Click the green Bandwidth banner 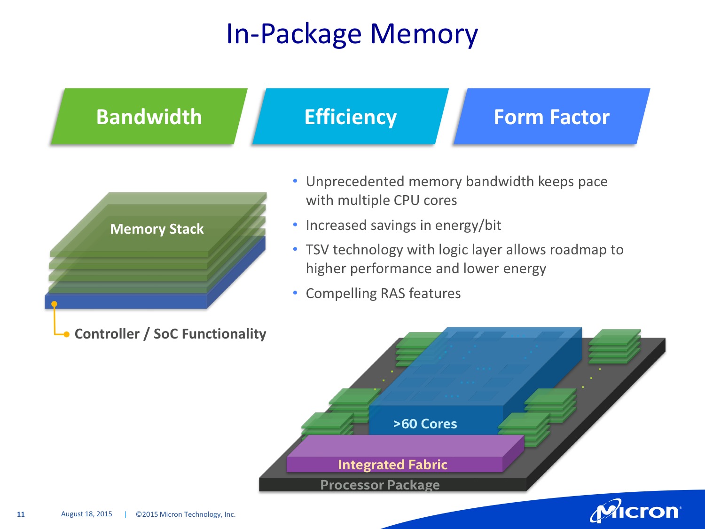[149, 117]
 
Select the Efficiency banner [350, 117]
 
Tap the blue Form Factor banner [551, 117]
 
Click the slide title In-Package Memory [352, 34]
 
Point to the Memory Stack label [157, 229]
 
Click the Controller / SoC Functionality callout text [170, 334]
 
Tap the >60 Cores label [425, 424]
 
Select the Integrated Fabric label [392, 465]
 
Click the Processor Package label [380, 485]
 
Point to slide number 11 [21, 514]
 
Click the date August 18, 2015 [86, 514]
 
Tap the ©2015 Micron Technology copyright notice [186, 514]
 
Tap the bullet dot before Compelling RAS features [295, 293]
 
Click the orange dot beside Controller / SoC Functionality [67, 334]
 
